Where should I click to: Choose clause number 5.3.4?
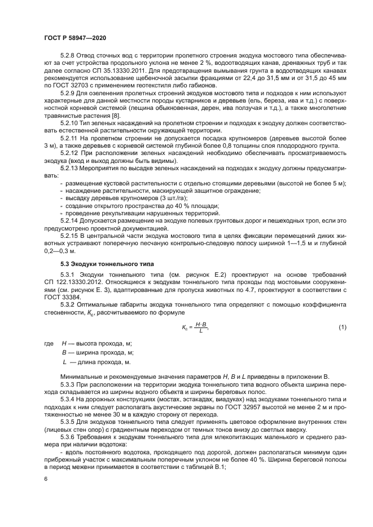pos(68,398)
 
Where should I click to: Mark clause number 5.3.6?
pos(68,437)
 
